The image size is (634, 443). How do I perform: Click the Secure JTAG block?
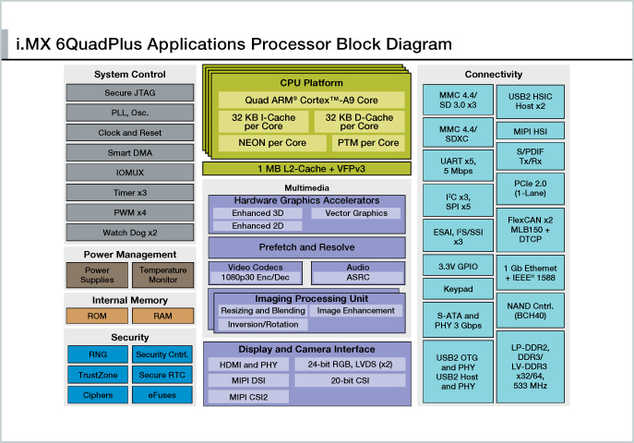point(130,93)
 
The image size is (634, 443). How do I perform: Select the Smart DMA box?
point(130,152)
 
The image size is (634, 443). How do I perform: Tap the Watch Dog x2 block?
point(130,232)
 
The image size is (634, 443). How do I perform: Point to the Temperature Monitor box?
point(162,275)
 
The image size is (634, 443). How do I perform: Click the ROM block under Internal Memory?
point(97,316)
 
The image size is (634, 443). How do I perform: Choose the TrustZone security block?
point(97,375)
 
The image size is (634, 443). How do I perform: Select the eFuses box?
point(162,395)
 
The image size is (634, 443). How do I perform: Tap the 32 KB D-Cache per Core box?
point(359,122)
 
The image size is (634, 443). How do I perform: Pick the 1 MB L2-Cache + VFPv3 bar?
point(305,168)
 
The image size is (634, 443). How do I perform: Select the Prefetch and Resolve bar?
point(305,247)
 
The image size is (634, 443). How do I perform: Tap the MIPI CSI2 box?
point(247,397)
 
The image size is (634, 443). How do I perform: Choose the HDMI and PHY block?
point(247,365)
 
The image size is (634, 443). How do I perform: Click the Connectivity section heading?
point(494,75)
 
